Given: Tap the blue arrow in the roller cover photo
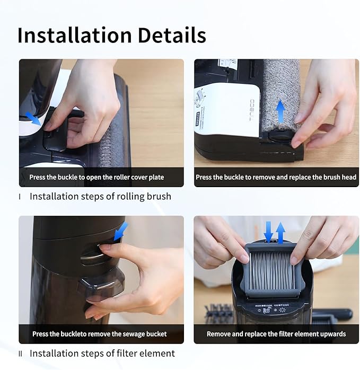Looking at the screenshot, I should coord(33,118).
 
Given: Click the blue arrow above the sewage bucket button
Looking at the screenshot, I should coord(121,230).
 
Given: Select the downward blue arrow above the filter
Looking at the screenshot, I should coord(269,231).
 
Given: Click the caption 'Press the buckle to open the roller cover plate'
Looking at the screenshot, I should coord(96,177).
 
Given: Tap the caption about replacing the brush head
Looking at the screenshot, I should coord(276,177).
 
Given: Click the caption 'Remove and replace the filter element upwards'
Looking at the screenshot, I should coord(276,334).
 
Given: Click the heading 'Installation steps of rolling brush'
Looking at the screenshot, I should coord(100,197).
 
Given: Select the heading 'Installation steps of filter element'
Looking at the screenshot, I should coord(102,353).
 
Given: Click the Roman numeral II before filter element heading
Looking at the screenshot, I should coord(21,354).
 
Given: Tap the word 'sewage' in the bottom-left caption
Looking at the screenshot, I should coord(126,334).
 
